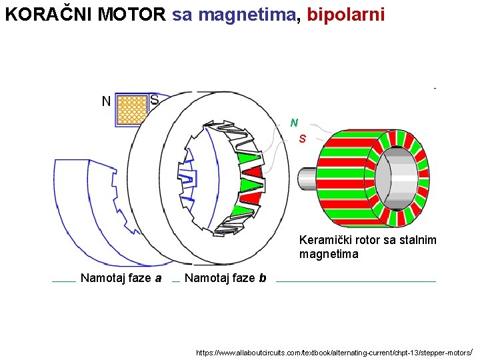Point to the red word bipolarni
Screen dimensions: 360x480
[345, 15]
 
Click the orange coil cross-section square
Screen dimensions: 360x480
[131, 109]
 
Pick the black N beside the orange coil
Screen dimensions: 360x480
[106, 101]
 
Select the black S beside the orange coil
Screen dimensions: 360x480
[154, 100]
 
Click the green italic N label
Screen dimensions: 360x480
[294, 123]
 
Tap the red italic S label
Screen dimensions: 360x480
[303, 139]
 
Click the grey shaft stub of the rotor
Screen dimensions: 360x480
[307, 179]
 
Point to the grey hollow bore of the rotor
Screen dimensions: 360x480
[399, 179]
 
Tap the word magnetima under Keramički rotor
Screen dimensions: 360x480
[329, 254]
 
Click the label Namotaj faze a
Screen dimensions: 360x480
[121, 278]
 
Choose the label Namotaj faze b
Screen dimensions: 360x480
[225, 278]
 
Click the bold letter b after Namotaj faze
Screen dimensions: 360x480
[262, 278]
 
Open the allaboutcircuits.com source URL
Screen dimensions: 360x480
[334, 351]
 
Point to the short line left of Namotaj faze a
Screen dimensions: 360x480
[63, 281]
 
